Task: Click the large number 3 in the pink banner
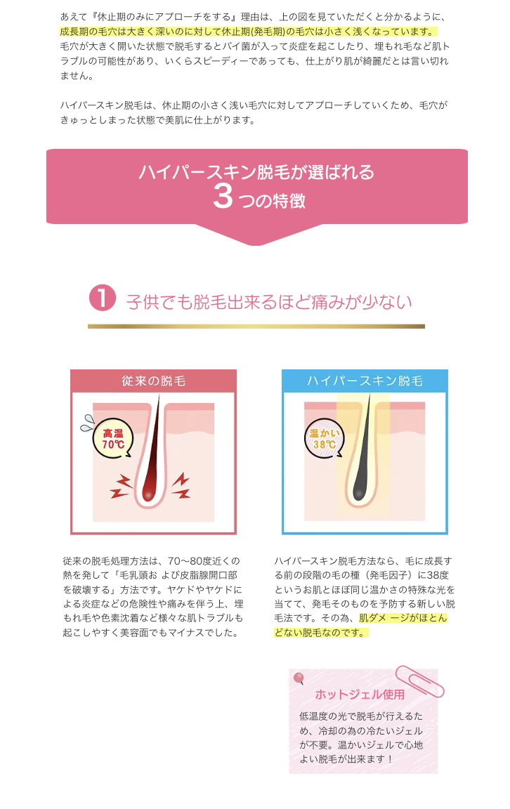[x=223, y=197]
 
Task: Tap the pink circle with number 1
[x=102, y=298]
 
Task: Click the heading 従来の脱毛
[x=153, y=381]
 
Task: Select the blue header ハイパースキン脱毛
[x=365, y=381]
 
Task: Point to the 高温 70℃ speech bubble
[x=112, y=438]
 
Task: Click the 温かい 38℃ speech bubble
[x=324, y=438]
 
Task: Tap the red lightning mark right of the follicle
[x=181, y=487]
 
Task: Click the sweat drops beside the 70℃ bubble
[x=86, y=423]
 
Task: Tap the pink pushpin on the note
[x=299, y=678]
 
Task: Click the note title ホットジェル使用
[x=360, y=695]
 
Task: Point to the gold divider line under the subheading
[x=256, y=326]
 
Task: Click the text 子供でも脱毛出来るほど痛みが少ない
[x=269, y=302]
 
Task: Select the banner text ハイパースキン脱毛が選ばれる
[x=256, y=172]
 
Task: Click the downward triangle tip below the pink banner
[x=256, y=245]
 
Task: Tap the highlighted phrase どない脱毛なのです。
[x=320, y=633]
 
